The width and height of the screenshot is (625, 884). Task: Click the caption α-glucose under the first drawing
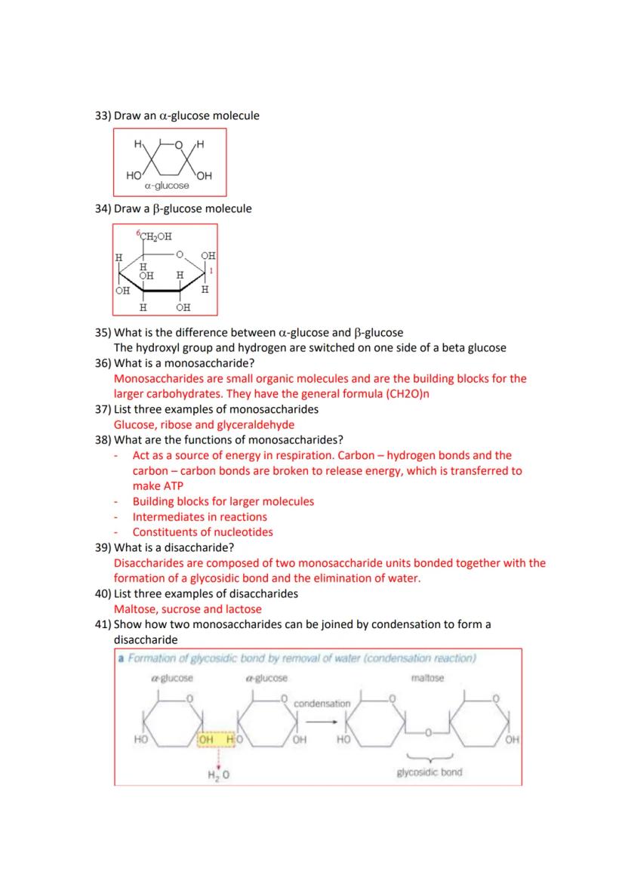pos(168,186)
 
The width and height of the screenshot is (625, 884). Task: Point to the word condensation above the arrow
pos(322,704)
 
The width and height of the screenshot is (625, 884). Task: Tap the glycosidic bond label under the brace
pos(429,772)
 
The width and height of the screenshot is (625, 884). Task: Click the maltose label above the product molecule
pos(428,678)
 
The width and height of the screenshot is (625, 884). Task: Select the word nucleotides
pos(239,532)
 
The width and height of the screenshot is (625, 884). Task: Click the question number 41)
pos(103,624)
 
